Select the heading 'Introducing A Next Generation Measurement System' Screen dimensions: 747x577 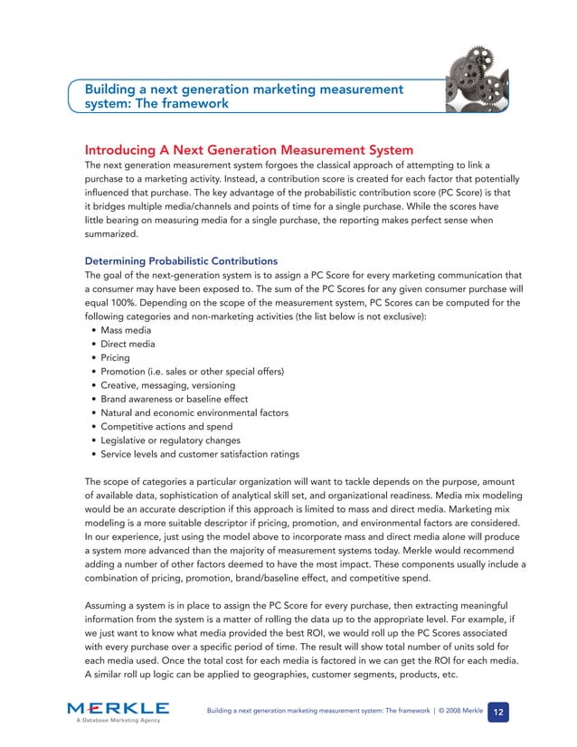(249, 149)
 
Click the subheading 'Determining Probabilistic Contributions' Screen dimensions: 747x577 (181, 261)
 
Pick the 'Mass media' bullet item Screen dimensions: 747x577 (127, 330)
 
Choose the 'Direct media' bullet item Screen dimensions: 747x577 (128, 344)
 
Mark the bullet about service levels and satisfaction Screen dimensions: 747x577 (200, 454)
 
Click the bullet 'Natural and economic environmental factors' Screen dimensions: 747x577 (194, 412)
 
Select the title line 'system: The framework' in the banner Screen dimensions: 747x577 (156, 104)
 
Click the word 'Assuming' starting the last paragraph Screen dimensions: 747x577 (109, 603)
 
